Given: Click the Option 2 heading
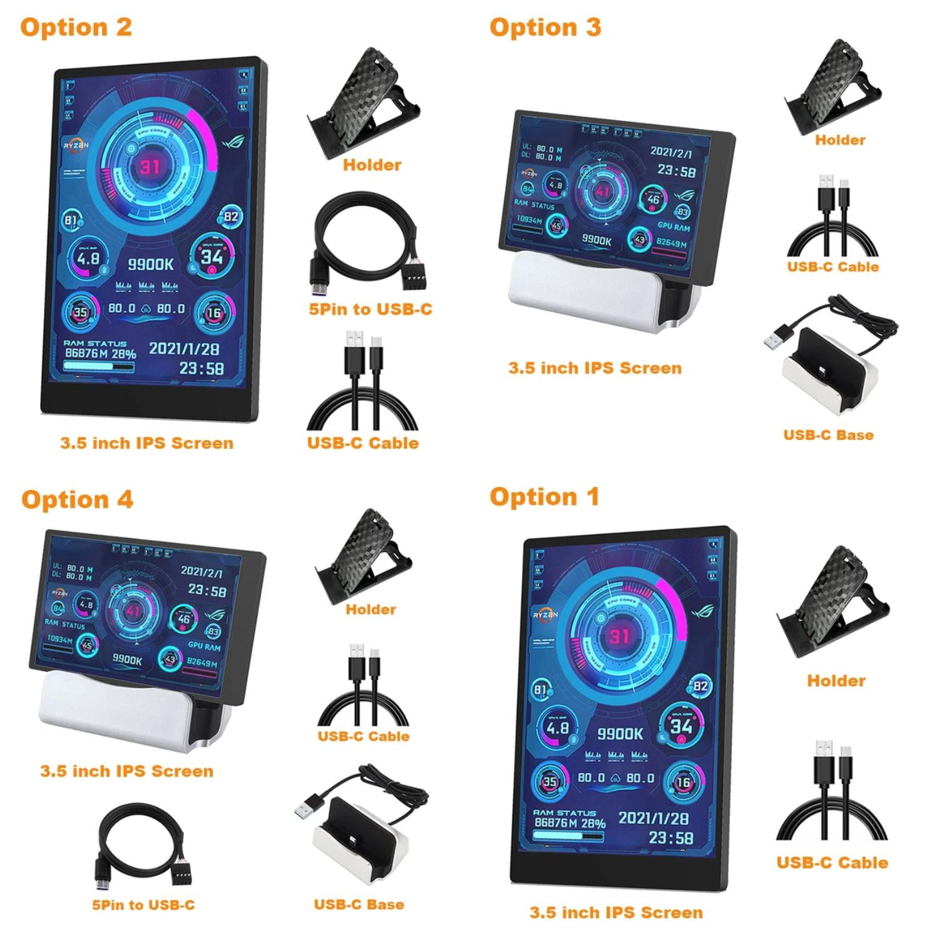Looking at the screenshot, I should [x=76, y=28].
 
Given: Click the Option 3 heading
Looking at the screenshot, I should [x=545, y=28].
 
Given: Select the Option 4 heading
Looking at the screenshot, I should [x=77, y=500].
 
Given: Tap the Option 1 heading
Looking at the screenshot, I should [x=544, y=497].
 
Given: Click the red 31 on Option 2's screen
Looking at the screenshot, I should [x=150, y=167].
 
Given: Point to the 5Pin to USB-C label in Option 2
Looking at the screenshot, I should [x=370, y=309].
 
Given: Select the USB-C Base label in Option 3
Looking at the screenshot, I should [x=828, y=435].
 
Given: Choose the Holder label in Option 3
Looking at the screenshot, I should [x=840, y=140].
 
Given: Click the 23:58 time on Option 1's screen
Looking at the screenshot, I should [x=670, y=838].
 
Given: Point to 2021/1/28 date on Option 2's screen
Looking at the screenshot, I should [x=183, y=349].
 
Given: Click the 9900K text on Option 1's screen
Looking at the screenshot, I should [x=620, y=734].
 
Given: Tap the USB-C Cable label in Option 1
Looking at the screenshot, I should [x=832, y=863].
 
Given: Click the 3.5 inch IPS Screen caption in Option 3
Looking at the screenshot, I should [x=595, y=368].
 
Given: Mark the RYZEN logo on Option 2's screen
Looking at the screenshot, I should [x=76, y=145].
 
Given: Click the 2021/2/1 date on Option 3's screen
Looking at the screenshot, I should [x=671, y=152].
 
